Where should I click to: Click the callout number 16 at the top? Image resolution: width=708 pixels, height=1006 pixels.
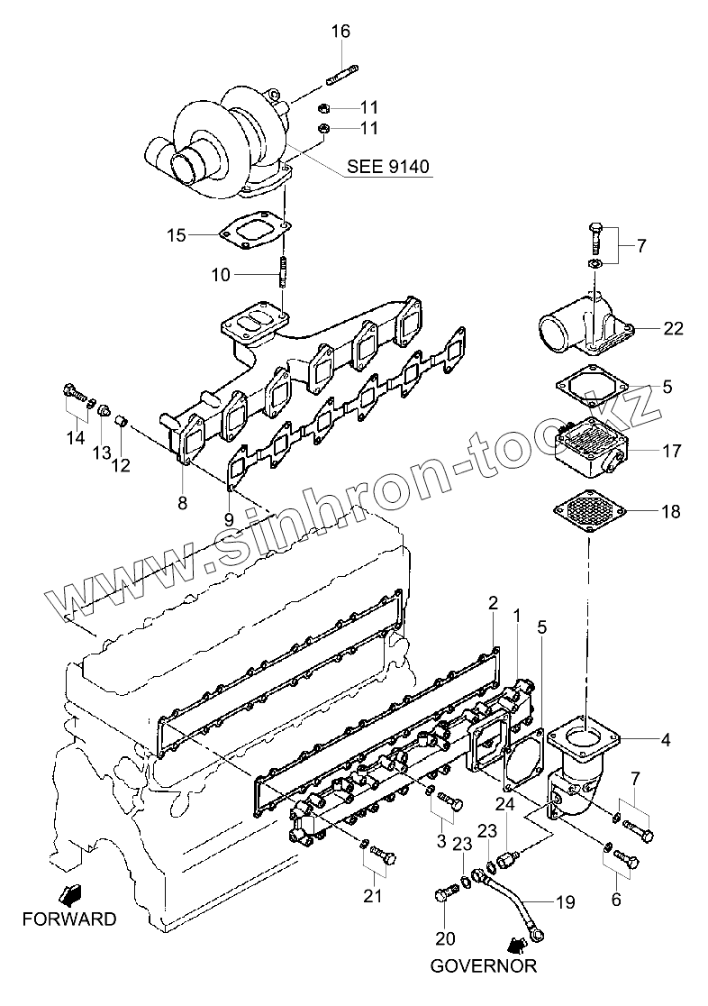point(340,32)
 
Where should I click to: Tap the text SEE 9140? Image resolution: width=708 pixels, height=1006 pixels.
point(388,167)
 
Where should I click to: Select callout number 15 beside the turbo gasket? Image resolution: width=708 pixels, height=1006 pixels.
point(176,235)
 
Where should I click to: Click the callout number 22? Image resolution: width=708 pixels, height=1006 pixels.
point(673,328)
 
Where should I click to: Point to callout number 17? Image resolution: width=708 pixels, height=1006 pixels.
point(671,450)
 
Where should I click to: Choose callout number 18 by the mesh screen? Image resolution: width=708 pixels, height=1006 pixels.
point(671,512)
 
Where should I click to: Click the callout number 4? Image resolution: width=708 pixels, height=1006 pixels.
point(665,741)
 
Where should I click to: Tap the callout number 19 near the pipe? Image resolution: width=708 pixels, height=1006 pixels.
point(564,900)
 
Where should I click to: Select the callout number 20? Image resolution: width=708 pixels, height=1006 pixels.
point(445,939)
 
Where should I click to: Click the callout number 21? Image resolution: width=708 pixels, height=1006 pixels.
point(373,895)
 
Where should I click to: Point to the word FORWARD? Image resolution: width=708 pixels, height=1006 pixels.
point(69,919)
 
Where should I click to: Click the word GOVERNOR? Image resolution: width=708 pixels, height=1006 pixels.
point(483,966)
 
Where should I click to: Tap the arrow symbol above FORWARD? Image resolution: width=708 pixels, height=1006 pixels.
point(68,894)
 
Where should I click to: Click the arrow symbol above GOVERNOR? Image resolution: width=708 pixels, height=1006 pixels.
point(516,945)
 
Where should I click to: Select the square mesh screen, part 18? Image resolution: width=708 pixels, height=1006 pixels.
point(586,512)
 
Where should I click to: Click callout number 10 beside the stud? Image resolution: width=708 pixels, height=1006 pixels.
point(222,274)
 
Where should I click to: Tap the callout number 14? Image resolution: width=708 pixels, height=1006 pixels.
point(75,438)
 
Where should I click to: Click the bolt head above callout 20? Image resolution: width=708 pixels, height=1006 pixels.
point(441,896)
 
